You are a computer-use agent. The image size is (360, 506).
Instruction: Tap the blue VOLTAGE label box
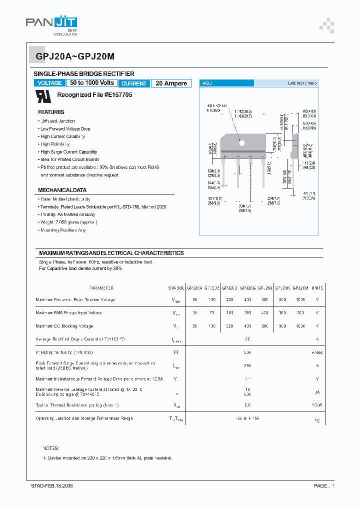tap(50, 83)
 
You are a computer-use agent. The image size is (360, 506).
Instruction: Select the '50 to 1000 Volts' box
tap(92, 83)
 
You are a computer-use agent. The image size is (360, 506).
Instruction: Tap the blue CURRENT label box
tap(134, 83)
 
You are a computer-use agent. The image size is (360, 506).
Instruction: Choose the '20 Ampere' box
tap(171, 83)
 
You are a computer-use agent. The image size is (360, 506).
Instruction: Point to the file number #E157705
tap(118, 95)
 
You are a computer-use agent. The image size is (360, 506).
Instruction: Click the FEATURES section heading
tap(51, 112)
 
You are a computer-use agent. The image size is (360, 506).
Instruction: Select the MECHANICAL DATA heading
tap(62, 190)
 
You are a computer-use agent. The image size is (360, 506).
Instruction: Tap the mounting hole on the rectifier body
tap(242, 142)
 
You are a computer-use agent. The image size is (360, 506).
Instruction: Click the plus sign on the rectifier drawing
tap(225, 156)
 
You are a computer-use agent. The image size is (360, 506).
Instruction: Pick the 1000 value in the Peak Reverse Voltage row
tap(300, 299)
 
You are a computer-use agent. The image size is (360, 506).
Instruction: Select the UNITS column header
tap(317, 288)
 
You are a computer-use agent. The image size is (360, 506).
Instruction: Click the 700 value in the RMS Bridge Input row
tap(300, 312)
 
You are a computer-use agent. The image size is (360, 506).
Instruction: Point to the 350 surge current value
tap(247, 365)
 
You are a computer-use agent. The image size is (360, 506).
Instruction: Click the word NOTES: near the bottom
tap(51, 448)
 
